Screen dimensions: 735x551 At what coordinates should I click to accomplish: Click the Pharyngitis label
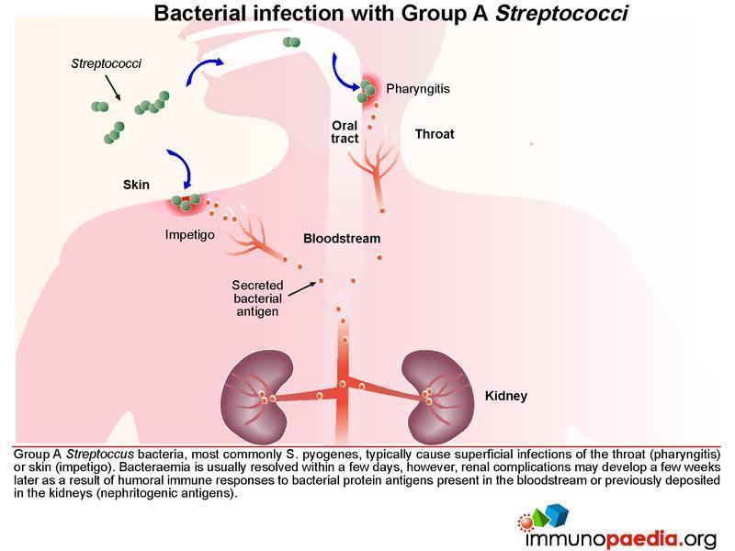418,89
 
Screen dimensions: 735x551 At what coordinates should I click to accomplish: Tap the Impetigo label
190,235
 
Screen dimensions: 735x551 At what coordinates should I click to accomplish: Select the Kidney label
506,396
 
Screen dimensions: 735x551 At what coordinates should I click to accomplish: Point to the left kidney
255,398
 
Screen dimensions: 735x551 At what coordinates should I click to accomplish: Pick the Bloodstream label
342,239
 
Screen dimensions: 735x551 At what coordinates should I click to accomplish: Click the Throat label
435,134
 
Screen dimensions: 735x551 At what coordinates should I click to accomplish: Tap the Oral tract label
345,132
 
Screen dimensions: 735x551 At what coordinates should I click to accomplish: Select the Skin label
136,185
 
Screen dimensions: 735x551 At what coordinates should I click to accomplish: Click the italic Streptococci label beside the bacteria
106,63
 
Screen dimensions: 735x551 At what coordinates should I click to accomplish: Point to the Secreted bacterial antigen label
257,298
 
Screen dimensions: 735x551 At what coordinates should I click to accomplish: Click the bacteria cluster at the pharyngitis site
366,91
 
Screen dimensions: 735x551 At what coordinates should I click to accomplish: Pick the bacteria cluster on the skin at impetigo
186,201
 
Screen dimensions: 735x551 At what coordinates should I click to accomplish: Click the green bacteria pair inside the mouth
291,42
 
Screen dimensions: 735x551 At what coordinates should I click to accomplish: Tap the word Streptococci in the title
561,13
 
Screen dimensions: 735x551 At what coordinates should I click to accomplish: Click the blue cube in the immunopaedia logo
558,514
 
